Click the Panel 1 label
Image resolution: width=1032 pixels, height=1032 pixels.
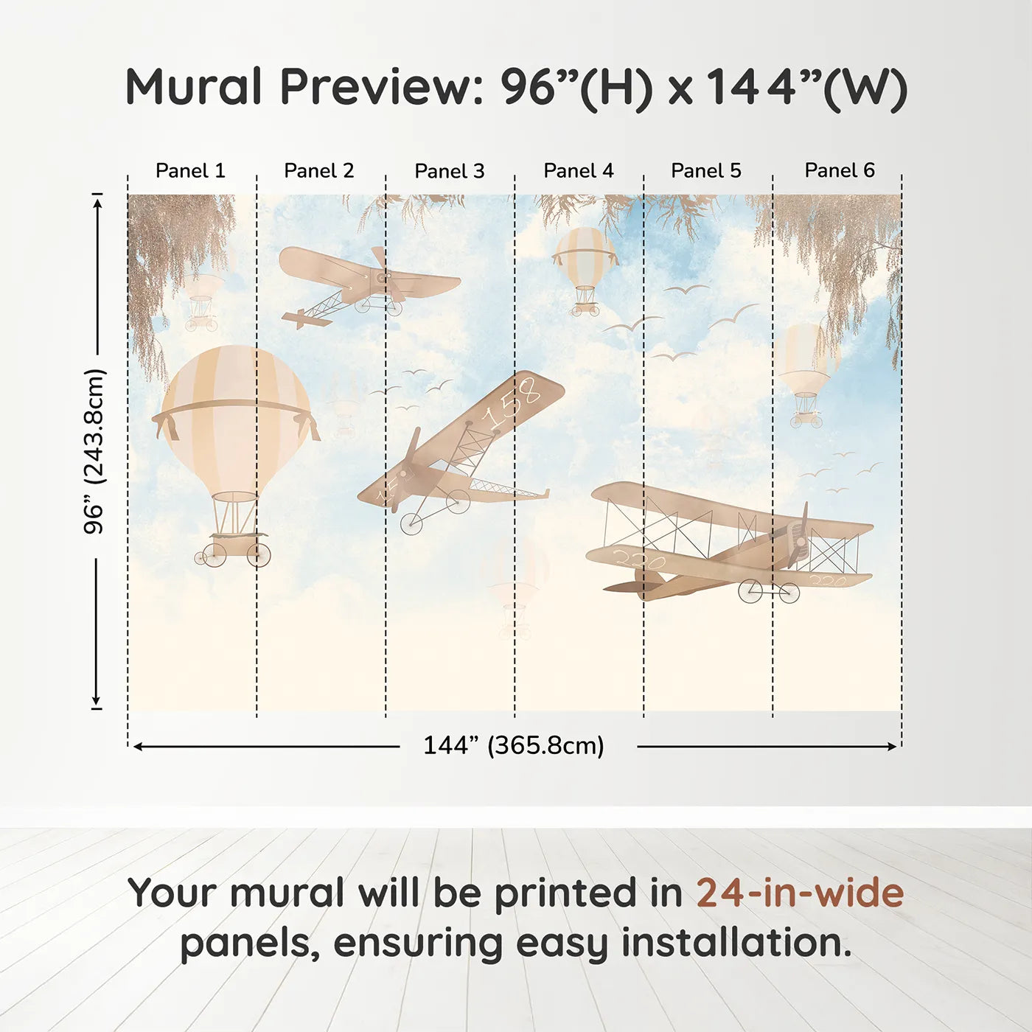(190, 170)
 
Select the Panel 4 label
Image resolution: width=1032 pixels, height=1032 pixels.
(578, 170)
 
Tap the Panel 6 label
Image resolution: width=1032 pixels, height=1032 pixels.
(839, 170)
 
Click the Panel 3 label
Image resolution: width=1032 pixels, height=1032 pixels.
(449, 171)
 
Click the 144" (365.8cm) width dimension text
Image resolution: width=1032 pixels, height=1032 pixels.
(513, 745)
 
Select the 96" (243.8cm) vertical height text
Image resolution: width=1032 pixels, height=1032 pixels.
(94, 451)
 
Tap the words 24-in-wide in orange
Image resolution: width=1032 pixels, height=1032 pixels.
(799, 893)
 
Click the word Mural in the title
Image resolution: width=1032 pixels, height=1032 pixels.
(194, 87)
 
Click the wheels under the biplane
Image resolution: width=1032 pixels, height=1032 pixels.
(770, 591)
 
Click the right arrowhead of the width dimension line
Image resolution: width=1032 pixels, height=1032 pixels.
(893, 747)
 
